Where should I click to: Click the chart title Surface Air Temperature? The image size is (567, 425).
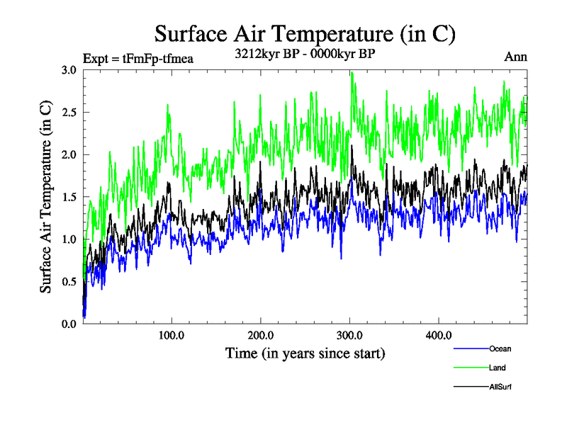(x=305, y=33)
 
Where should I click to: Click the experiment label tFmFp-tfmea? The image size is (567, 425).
(x=138, y=57)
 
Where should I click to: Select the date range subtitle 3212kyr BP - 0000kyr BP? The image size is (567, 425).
(x=305, y=54)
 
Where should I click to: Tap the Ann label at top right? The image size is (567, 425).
(x=515, y=57)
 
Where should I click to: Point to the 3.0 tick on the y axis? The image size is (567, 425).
(x=69, y=70)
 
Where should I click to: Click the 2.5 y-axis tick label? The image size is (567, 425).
(x=69, y=113)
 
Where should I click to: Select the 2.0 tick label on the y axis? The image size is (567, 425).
(x=69, y=154)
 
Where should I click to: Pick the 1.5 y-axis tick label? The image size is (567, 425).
(x=69, y=197)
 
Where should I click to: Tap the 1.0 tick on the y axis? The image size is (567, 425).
(x=69, y=239)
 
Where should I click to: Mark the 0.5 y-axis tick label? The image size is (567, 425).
(x=69, y=281)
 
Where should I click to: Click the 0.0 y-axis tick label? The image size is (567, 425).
(x=69, y=324)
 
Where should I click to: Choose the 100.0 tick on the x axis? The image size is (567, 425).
(x=172, y=335)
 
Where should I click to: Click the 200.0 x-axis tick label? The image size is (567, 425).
(x=261, y=335)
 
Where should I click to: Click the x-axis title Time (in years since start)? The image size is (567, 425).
(x=305, y=353)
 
